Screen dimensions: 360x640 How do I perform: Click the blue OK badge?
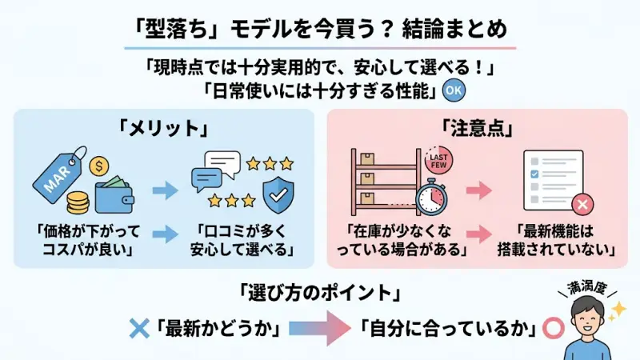(453, 90)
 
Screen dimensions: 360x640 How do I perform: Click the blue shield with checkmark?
(279, 191)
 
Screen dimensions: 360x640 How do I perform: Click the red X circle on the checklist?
(582, 205)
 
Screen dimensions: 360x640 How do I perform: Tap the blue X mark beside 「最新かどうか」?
(140, 328)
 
